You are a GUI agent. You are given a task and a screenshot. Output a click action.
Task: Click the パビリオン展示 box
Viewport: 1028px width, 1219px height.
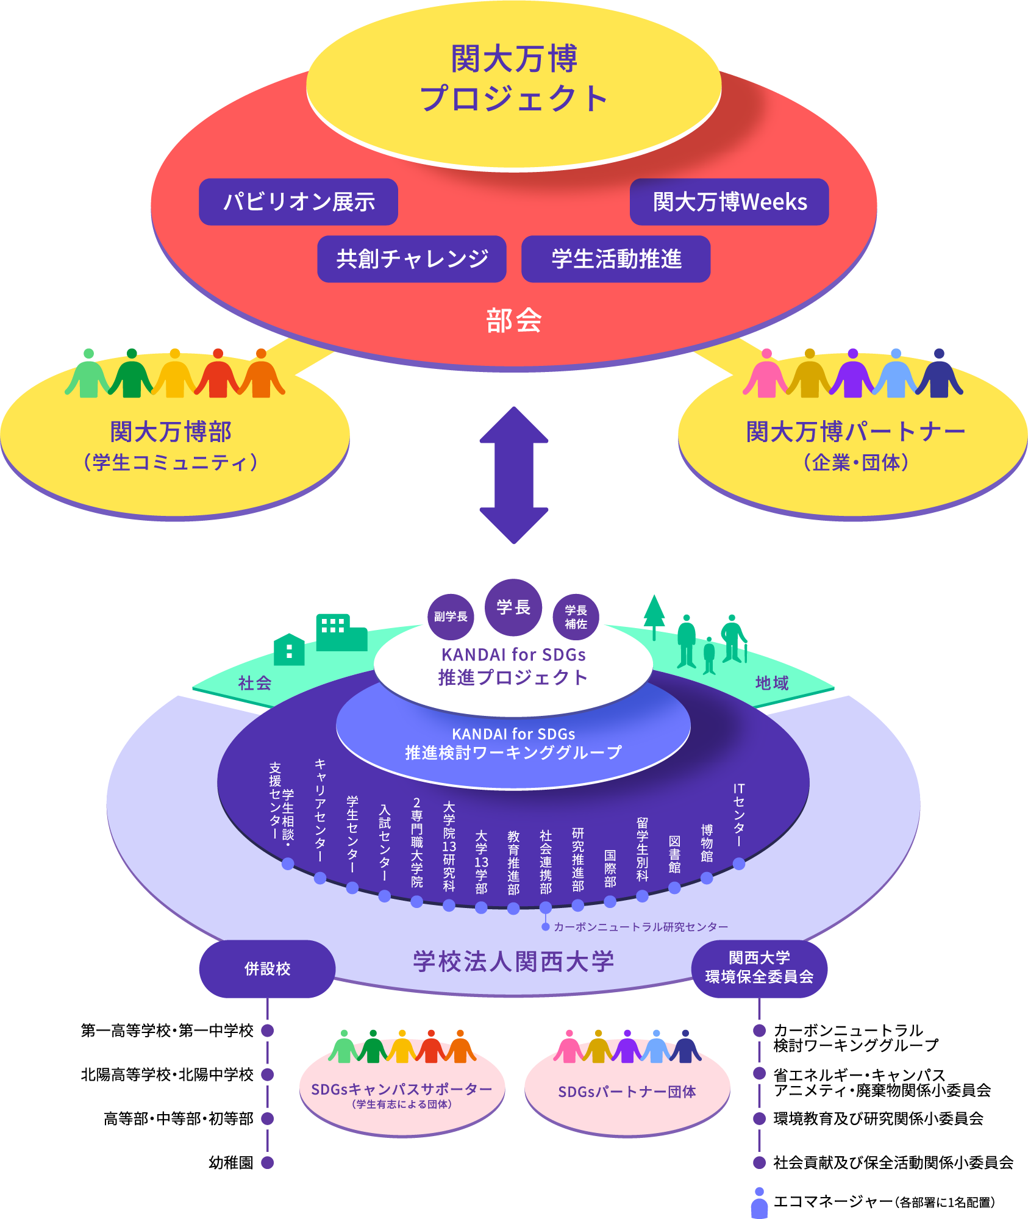(x=298, y=202)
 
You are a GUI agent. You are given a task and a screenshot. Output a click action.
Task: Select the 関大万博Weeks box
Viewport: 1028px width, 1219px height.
(x=729, y=202)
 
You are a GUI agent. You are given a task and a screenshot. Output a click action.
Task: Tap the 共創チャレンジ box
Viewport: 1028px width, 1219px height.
(x=412, y=259)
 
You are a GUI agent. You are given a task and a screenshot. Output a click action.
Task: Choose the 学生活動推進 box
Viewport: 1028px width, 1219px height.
(x=616, y=259)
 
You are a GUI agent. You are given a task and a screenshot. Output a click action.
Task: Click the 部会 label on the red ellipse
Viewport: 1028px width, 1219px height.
(x=513, y=320)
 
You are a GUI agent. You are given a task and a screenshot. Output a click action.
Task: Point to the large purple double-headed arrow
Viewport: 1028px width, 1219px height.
(x=514, y=475)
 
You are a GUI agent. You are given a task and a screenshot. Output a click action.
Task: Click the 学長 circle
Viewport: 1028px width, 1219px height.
(x=513, y=607)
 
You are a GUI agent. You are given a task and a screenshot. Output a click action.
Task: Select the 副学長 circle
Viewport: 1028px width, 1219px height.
(x=451, y=617)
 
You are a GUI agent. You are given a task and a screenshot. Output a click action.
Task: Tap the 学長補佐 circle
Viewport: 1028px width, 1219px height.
(x=576, y=617)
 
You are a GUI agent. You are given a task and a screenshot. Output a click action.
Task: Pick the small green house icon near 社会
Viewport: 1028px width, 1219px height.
(x=289, y=649)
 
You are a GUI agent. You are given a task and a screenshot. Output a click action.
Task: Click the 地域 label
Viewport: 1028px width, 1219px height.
(x=772, y=683)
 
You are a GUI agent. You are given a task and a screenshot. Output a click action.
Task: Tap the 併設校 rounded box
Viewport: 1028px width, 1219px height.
(x=267, y=969)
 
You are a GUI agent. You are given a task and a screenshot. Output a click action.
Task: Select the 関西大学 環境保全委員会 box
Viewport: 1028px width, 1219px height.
(x=759, y=968)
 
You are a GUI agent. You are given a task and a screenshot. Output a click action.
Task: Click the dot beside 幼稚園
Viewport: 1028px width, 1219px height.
(x=267, y=1162)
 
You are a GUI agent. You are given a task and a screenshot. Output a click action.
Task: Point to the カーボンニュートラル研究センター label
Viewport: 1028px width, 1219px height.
(x=640, y=927)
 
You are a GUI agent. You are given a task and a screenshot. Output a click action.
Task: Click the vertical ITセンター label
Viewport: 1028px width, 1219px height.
(x=738, y=815)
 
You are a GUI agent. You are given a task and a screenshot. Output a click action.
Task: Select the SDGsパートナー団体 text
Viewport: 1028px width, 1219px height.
(x=627, y=1092)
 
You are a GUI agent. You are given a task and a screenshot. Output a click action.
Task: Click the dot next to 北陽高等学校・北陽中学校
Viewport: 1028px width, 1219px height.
(x=267, y=1074)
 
